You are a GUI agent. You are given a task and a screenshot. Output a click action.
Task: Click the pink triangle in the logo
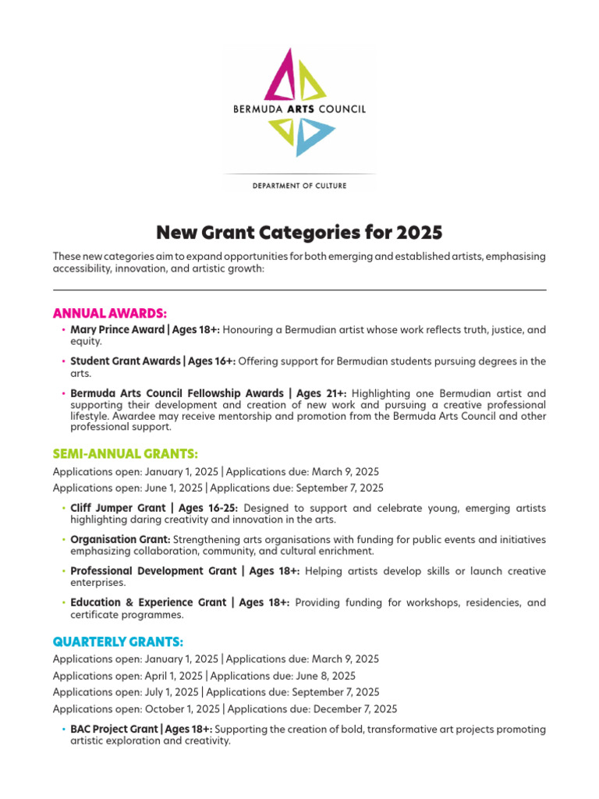[280, 75]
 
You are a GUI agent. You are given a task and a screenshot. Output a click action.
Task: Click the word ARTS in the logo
[300, 110]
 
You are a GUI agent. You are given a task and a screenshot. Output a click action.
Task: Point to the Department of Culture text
[299, 186]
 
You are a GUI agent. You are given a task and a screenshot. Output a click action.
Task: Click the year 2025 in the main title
[419, 233]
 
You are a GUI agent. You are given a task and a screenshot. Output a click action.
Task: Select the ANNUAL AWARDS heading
[110, 313]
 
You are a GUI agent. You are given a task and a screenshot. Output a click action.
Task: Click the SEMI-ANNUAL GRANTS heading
[126, 453]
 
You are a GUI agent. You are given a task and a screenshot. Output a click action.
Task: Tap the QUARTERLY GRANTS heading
[118, 641]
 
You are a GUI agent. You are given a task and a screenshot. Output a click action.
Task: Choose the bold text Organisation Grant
[120, 539]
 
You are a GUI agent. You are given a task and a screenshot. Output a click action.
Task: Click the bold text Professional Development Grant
[154, 571]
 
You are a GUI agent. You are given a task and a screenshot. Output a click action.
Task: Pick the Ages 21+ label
[316, 393]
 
